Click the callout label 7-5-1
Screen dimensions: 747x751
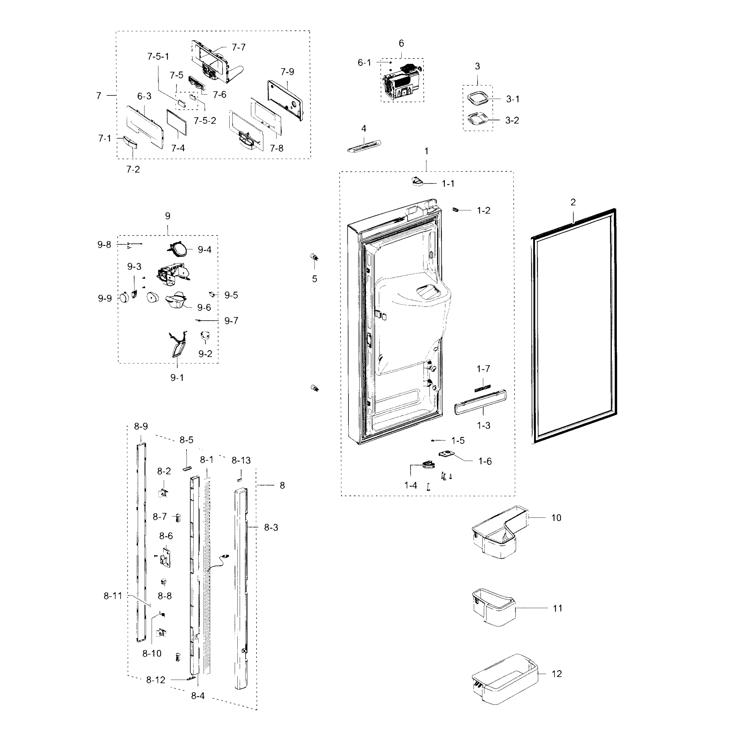coord(158,57)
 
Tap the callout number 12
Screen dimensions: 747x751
coord(557,674)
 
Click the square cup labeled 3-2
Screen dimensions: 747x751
coord(478,119)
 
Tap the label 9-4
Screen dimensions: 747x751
coord(205,250)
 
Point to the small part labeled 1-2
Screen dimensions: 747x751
coord(456,210)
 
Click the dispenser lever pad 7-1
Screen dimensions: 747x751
coord(130,142)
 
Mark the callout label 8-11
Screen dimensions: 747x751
coord(113,596)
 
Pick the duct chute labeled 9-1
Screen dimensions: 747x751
coord(177,346)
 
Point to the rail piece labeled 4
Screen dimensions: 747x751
coord(364,146)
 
